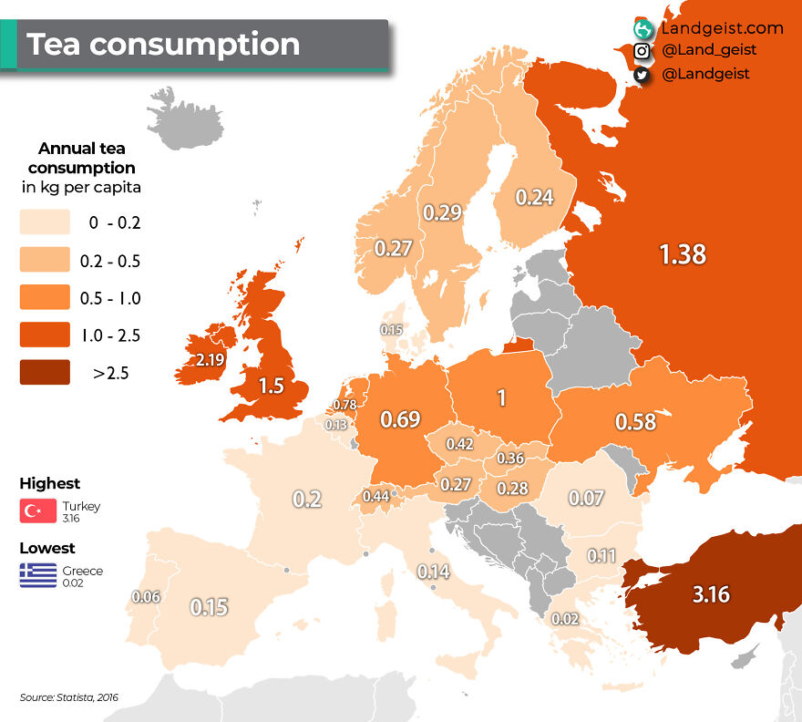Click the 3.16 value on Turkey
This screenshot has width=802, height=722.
pos(711,595)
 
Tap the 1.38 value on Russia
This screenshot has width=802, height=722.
pos(683,254)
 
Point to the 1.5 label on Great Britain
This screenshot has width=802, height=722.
pos(271,386)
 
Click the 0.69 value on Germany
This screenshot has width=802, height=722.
pos(399,419)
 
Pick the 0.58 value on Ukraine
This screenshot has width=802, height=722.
pos(636,422)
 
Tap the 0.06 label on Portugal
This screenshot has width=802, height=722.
pos(146,597)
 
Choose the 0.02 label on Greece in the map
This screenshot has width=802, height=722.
pos(565,619)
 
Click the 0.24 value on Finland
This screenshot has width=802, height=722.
pos(534,197)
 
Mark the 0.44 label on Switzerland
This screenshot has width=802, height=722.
pos(376,496)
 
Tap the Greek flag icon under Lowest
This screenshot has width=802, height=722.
pos(37,575)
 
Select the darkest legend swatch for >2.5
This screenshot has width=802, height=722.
pos(45,373)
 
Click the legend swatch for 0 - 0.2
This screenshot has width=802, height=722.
pos(45,222)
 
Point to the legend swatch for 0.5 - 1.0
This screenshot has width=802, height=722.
pos(45,298)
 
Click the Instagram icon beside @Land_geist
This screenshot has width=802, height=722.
pos(642,52)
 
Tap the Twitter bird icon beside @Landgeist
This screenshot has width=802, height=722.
pos(642,75)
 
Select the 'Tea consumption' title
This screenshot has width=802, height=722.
pos(163,44)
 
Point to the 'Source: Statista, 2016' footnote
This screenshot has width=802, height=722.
pos(69,697)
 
